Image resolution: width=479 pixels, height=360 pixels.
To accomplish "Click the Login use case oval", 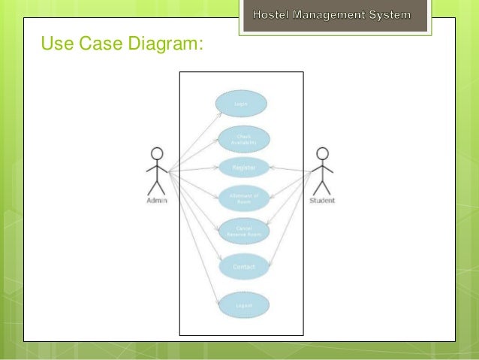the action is (x=241, y=104).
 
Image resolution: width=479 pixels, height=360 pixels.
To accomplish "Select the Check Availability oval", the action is (x=243, y=139).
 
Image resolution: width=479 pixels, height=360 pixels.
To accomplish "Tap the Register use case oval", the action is (x=243, y=167).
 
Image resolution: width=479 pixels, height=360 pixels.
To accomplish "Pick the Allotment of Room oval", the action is (x=243, y=198).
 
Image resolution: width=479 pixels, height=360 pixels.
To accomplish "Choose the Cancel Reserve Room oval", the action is (x=243, y=231).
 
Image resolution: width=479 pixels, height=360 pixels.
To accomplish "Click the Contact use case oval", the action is (x=243, y=267).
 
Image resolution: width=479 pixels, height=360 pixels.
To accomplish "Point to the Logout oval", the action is (x=243, y=305).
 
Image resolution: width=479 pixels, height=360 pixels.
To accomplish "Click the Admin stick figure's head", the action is (x=157, y=153).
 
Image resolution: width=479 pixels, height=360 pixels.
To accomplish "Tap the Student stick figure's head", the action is (x=322, y=153).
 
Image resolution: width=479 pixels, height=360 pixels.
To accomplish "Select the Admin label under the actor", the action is (x=157, y=201).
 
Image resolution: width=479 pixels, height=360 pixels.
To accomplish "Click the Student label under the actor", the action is (x=322, y=201).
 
